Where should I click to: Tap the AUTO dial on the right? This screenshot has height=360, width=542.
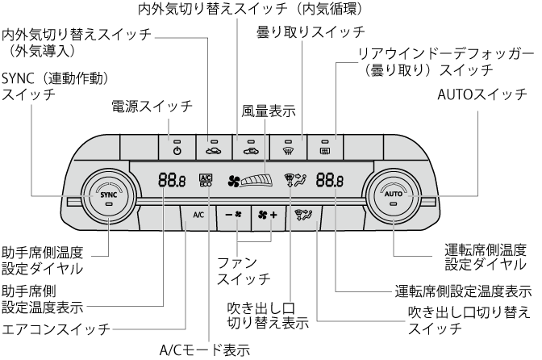click(x=393, y=195)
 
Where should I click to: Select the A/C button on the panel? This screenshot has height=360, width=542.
click(x=198, y=215)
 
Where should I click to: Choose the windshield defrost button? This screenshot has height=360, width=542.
click(x=288, y=148)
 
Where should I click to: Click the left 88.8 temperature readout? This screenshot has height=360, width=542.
click(x=170, y=181)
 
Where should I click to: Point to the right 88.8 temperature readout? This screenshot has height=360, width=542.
click(x=329, y=181)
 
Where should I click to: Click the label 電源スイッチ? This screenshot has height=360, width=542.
click(x=152, y=106)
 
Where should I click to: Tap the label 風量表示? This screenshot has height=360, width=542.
click(x=268, y=111)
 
